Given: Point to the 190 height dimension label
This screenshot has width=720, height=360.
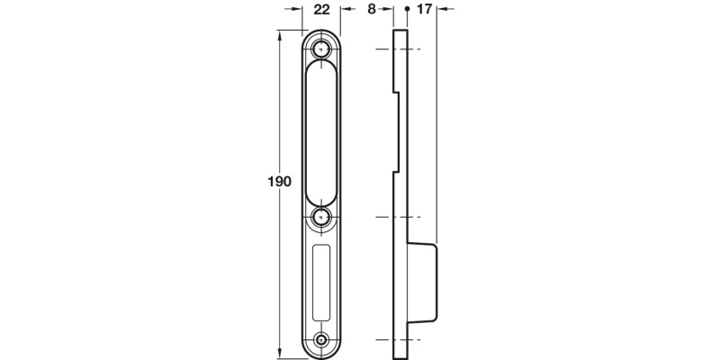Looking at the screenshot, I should coord(280,182).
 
